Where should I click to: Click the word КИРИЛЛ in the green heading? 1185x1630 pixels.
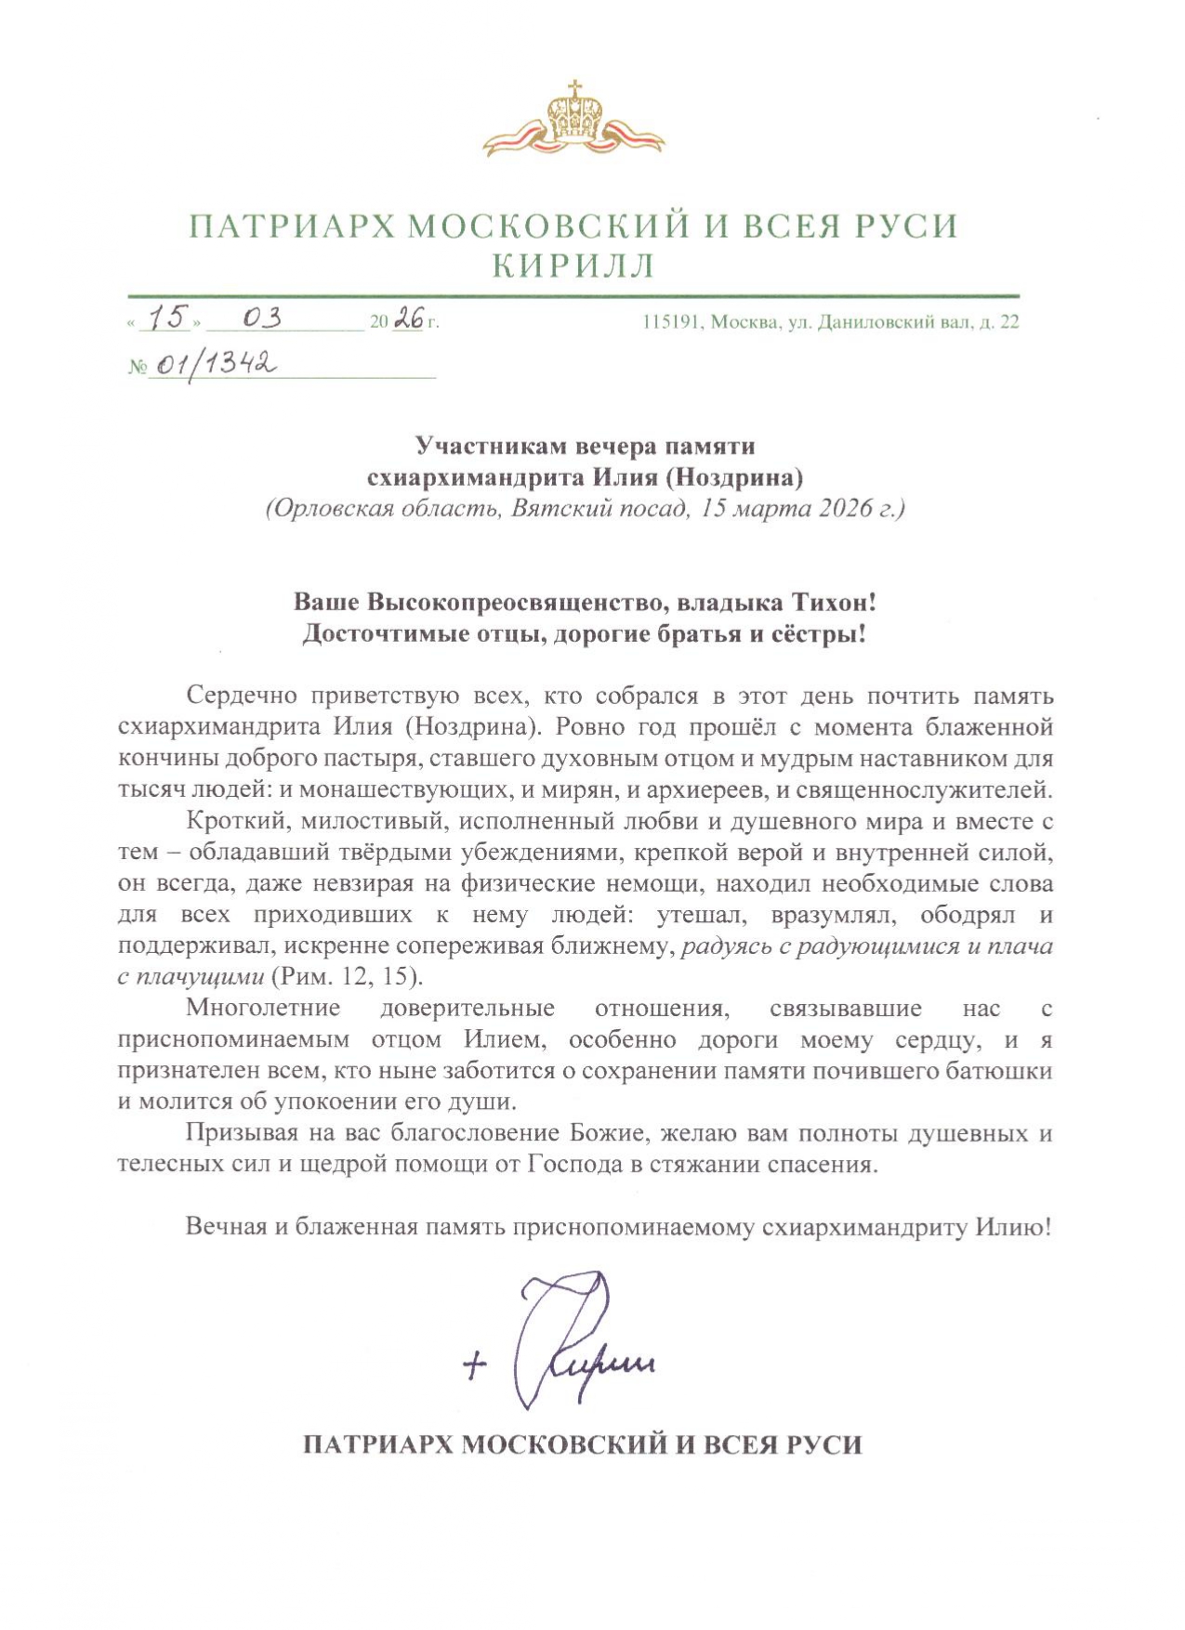coord(573,267)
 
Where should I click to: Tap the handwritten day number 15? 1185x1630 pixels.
coord(167,319)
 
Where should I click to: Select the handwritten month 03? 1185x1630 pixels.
coord(261,319)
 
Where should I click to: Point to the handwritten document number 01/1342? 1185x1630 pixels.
coord(214,364)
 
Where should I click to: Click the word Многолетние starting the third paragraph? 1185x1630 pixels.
coord(262,1008)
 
